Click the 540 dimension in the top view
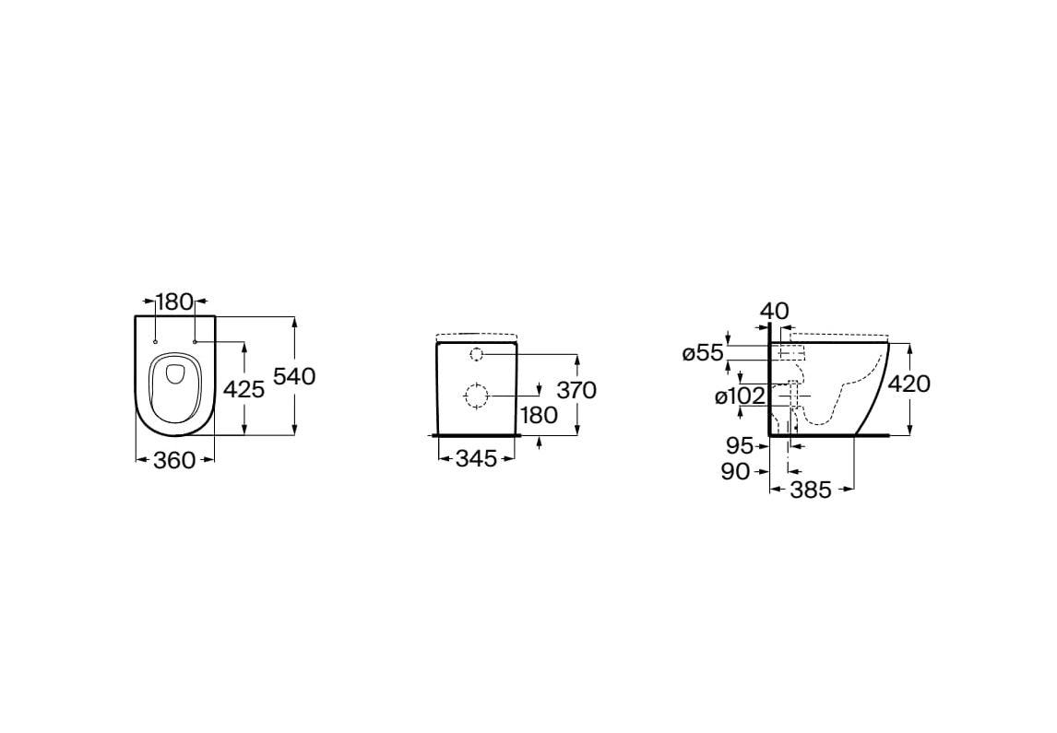(x=294, y=376)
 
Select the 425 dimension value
(x=243, y=389)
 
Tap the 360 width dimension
(x=174, y=460)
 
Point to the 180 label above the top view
(x=174, y=301)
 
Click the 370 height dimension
(x=576, y=390)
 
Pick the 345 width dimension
(x=476, y=459)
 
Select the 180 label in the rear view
(x=540, y=415)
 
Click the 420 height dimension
(x=909, y=384)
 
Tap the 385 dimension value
(x=811, y=490)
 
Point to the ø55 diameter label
(x=703, y=353)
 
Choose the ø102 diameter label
(x=740, y=396)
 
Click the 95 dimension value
(x=740, y=445)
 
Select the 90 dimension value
(x=735, y=471)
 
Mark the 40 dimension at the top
(x=774, y=312)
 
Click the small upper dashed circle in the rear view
(x=476, y=354)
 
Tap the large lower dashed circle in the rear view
(x=476, y=396)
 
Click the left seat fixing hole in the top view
(x=155, y=342)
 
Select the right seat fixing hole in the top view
(x=195, y=342)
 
